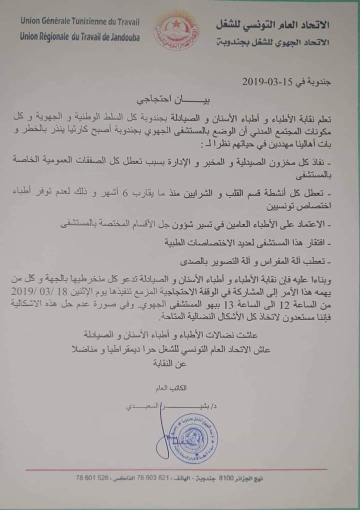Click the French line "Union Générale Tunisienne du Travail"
pyautogui.click(x=80, y=21)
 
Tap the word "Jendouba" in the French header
pyautogui.click(x=123, y=37)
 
